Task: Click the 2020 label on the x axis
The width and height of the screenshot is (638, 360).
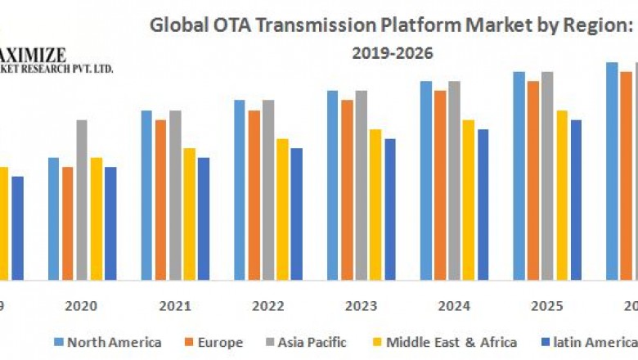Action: coord(81,306)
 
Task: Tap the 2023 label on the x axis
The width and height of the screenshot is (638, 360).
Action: coord(361,306)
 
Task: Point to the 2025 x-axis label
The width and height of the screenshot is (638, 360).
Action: coord(547,306)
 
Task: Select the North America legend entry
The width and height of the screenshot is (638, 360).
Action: coord(108,342)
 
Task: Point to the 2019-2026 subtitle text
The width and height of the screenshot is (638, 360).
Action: coord(393,53)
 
